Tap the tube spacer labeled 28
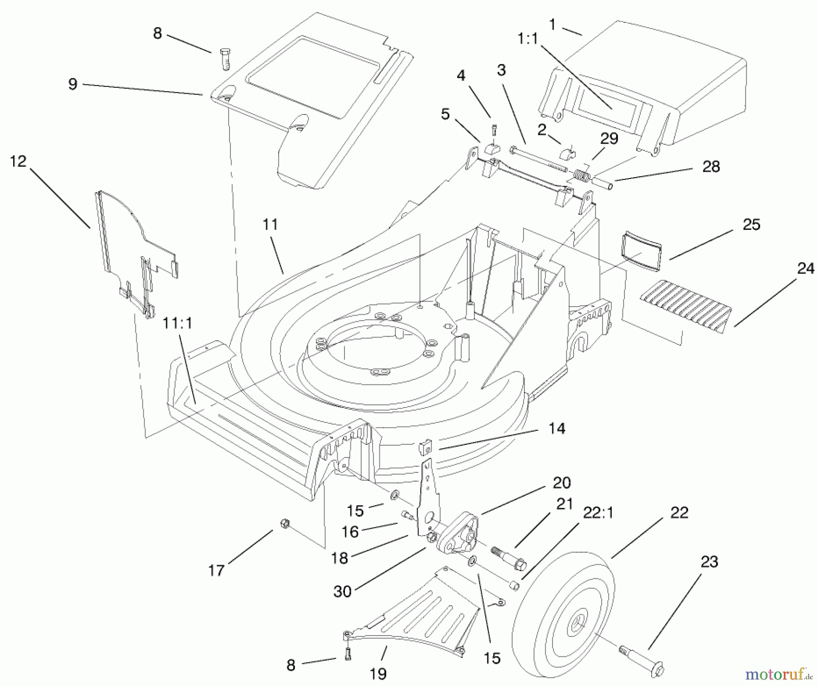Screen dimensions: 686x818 tap(602, 184)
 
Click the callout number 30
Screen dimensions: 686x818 tap(342, 592)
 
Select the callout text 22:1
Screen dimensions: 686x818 tap(598, 513)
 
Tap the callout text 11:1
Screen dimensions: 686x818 tap(177, 323)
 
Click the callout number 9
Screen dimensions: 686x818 tap(73, 84)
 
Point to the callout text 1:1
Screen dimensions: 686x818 tap(528, 39)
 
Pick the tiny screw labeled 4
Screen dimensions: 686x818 tap(494, 130)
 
